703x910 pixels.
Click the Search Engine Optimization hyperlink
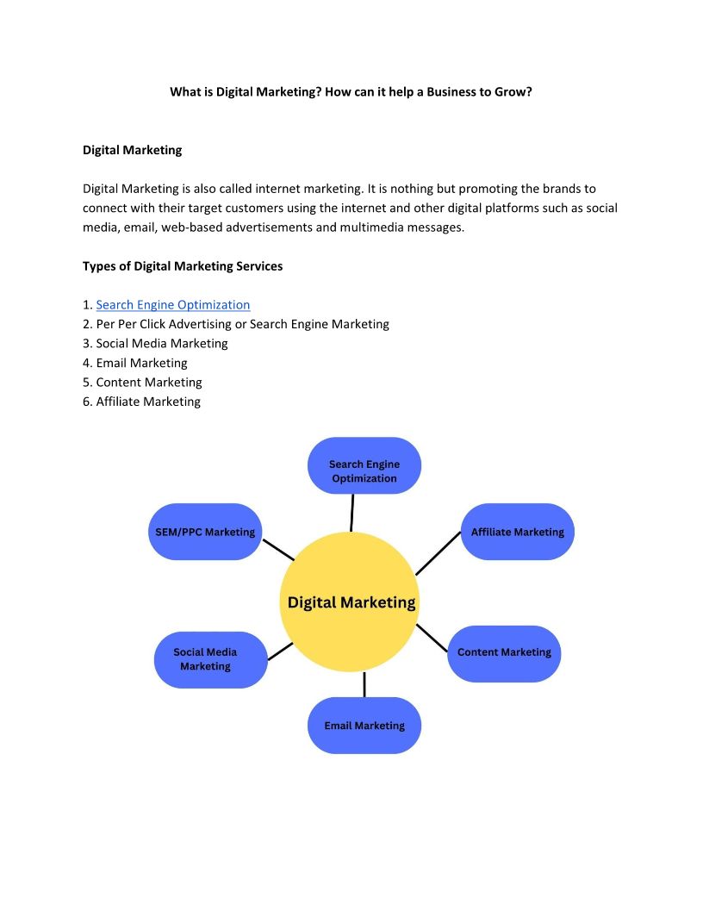(x=173, y=305)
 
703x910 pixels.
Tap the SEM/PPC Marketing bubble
(x=205, y=532)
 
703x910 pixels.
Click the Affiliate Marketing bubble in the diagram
(x=517, y=532)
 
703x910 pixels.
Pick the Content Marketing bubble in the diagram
(x=504, y=653)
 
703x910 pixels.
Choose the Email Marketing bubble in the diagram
(x=364, y=726)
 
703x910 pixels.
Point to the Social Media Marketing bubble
(x=205, y=659)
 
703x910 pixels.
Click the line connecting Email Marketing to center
(x=364, y=684)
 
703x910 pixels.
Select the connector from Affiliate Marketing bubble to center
(x=439, y=552)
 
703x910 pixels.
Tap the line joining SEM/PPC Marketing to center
(x=278, y=550)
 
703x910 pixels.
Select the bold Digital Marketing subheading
(x=132, y=150)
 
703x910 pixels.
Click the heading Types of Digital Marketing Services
(x=183, y=266)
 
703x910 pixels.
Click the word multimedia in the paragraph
(x=376, y=227)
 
